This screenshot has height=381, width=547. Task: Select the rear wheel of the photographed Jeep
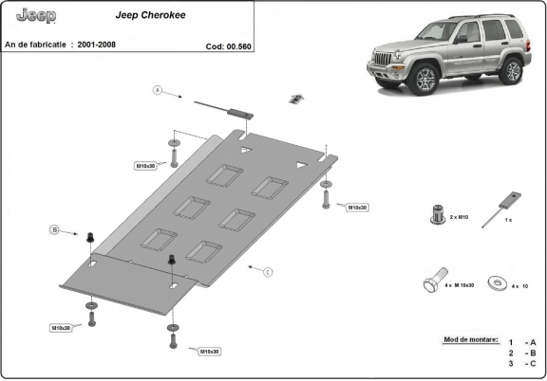[x=512, y=69]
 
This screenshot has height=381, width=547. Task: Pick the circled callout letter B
[x=55, y=229]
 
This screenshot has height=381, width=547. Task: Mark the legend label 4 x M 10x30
[x=460, y=285]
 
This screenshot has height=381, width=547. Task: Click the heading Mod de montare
[x=470, y=337]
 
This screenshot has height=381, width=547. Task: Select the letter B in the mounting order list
[x=534, y=352]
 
